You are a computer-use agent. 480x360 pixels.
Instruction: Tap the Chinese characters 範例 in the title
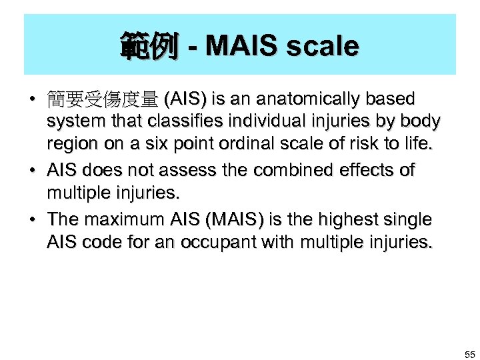(x=149, y=47)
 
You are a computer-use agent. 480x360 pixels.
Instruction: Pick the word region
(x=69, y=145)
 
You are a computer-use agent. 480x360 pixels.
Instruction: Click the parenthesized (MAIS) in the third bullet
(x=225, y=219)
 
